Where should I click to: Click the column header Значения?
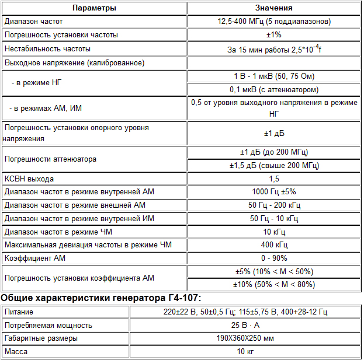click(x=274, y=8)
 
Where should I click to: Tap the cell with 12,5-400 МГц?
click(x=274, y=22)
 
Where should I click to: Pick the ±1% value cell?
click(x=274, y=35)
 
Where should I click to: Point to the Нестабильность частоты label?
click(x=47, y=49)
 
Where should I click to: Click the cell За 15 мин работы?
click(x=274, y=50)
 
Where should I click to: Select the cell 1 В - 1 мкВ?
click(x=274, y=76)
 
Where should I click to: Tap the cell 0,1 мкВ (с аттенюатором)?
click(x=274, y=90)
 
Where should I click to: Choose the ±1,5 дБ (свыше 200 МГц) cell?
click(x=274, y=166)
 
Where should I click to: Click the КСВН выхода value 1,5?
click(x=274, y=179)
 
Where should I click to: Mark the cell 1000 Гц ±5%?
click(x=274, y=192)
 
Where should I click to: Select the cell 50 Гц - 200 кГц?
click(x=274, y=205)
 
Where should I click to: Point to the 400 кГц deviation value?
click(x=274, y=245)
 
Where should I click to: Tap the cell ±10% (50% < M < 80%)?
click(x=274, y=285)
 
